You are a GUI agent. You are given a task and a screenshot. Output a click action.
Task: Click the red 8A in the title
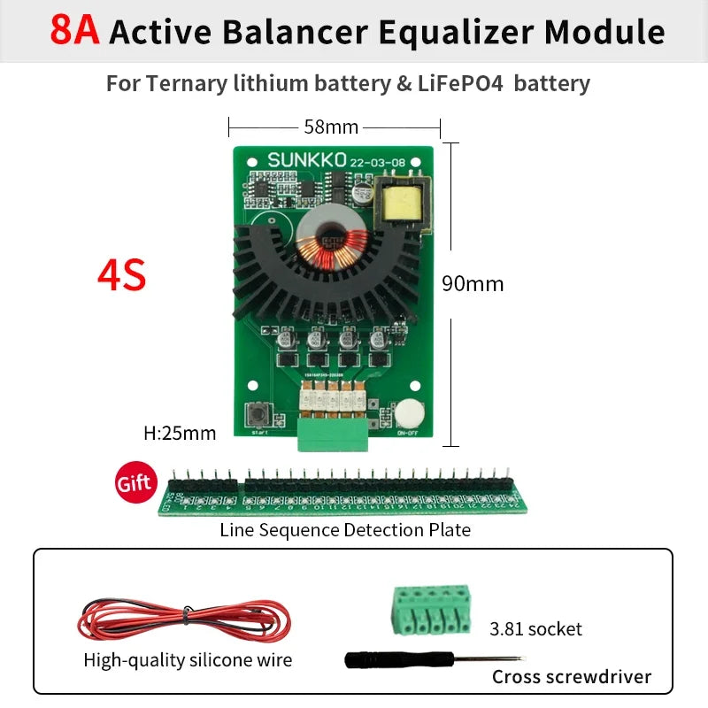[76, 30]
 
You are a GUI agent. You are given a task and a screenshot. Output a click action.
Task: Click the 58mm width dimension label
[331, 127]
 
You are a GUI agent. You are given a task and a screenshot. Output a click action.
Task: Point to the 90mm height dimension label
[473, 283]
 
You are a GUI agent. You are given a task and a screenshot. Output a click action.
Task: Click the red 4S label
[122, 276]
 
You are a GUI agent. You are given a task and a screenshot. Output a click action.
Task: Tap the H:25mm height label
[180, 434]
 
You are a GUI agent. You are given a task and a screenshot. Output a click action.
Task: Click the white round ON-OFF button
[408, 414]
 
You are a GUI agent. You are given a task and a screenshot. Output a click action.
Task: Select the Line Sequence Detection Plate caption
[345, 530]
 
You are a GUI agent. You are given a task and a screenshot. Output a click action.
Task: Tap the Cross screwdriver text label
[572, 677]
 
